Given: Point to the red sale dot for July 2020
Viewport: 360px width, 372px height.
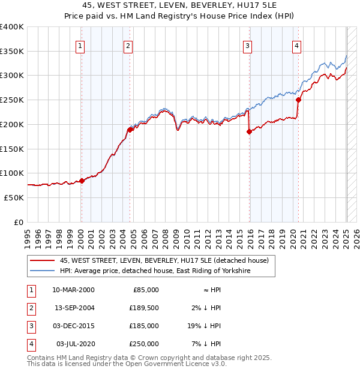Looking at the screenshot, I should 298,100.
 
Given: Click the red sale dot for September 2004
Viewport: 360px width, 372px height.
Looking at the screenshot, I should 130,130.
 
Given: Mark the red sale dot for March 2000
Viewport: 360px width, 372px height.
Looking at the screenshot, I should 82,181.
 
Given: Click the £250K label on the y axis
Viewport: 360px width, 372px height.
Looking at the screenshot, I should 12,100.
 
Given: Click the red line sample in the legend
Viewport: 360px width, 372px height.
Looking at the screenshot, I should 41,260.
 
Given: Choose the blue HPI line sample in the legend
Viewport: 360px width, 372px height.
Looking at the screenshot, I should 41,271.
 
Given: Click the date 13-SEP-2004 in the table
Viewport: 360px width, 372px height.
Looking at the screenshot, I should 74,308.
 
